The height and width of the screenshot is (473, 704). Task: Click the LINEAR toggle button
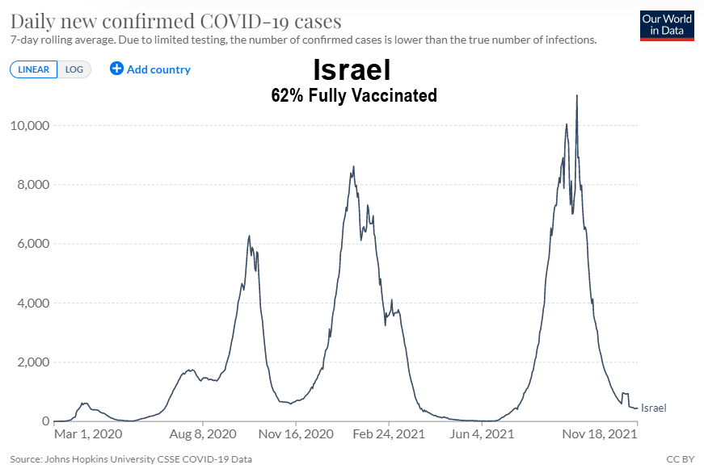33,69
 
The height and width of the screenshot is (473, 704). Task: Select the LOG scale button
74,69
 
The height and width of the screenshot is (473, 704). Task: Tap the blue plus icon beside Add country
116,69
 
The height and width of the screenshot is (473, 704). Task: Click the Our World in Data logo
667,25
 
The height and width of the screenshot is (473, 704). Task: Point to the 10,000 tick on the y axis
30,126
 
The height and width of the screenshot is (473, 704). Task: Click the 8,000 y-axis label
33,185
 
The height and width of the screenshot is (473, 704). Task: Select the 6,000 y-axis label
33,244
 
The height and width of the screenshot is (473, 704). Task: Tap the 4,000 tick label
33,303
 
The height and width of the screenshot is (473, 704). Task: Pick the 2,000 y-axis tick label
33,362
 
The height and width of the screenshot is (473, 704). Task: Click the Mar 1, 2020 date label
87,434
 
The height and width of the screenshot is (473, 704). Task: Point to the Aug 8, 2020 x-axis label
203,434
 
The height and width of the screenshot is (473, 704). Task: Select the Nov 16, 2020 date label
296,434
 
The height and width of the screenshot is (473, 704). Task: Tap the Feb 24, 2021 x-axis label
389,434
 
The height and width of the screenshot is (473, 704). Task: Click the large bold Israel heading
352,71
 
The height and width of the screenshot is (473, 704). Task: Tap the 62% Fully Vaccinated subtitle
353,96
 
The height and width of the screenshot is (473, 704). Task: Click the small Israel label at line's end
653,408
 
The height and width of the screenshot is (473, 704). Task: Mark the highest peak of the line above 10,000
576,95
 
